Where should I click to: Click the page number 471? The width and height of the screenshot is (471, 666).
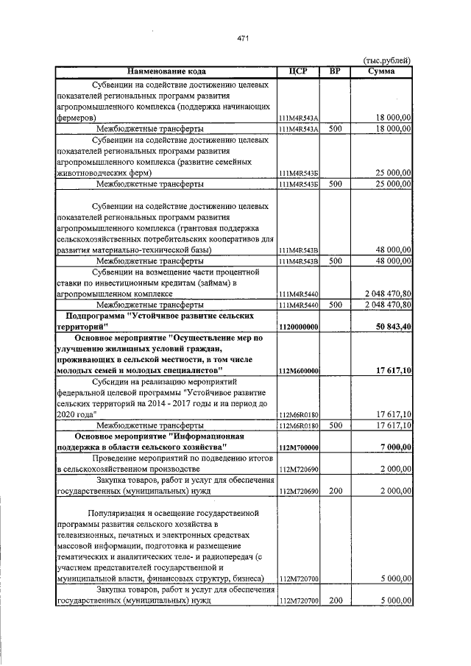pyautogui.click(x=243, y=38)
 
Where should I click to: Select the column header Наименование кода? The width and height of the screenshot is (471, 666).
pyautogui.click(x=166, y=71)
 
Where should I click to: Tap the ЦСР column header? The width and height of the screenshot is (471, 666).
pyautogui.click(x=298, y=71)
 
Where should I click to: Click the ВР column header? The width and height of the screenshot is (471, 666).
pyautogui.click(x=335, y=71)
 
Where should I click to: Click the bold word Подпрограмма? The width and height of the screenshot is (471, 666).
pyautogui.click(x=94, y=315)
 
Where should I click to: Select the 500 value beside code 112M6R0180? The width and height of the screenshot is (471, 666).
pyautogui.click(x=335, y=425)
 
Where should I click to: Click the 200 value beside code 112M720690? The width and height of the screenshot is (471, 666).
pyautogui.click(x=336, y=490)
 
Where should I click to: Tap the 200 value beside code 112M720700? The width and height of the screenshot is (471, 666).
pyautogui.click(x=336, y=601)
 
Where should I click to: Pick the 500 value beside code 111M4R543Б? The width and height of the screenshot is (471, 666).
pyautogui.click(x=335, y=183)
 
